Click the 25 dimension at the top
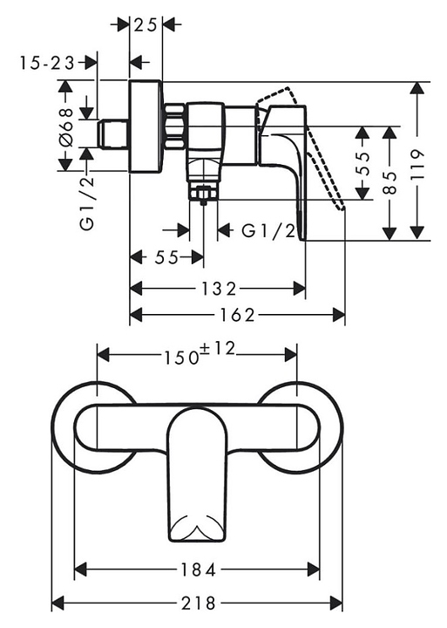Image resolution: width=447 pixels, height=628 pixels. pos(145,25)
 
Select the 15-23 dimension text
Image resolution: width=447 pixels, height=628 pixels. pos(47,63)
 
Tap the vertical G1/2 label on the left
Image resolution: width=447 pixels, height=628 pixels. pos(87,203)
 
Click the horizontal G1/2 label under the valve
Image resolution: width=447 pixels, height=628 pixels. pos(268,230)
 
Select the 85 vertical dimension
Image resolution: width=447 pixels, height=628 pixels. pos(389,182)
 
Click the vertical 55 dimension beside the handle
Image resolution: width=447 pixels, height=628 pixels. pos(363,164)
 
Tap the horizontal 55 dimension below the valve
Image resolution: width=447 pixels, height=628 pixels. pos(166,258)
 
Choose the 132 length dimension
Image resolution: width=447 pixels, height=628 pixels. pos(219,289)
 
